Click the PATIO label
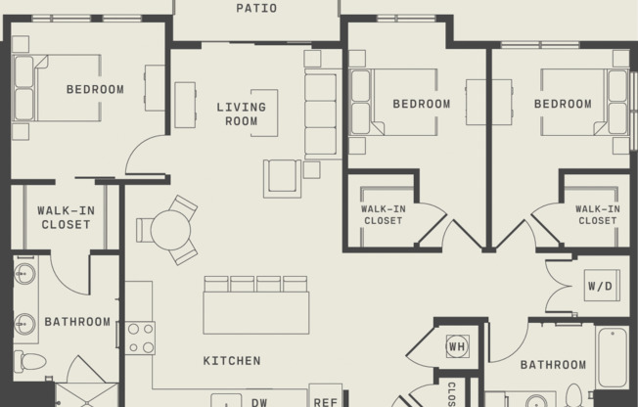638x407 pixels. (256, 9)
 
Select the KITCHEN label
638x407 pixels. (232, 361)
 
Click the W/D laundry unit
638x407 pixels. (600, 287)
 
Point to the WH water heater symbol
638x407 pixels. (457, 345)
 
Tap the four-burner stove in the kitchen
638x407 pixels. (141, 338)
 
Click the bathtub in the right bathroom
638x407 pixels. (613, 357)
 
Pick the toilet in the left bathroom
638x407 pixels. (31, 362)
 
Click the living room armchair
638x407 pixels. (282, 178)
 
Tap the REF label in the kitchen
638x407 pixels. (325, 401)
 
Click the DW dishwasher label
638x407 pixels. (259, 401)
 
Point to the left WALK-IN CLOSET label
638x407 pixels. (65, 217)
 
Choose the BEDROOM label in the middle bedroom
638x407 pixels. (422, 104)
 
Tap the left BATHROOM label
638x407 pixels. (77, 322)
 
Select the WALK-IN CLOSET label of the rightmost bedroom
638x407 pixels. (597, 214)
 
